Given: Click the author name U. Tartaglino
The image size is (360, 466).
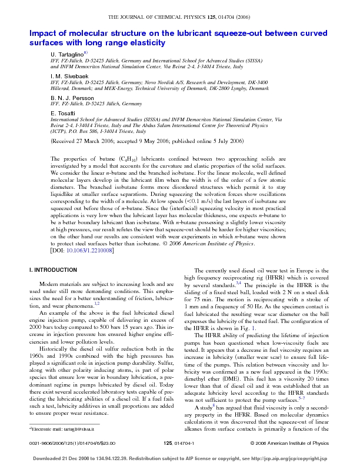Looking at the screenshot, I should pos(68,54).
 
